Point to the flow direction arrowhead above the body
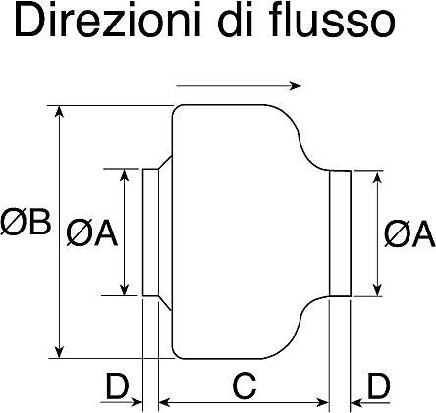[x=296, y=86]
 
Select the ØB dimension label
[x=26, y=222]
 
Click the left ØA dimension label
[x=91, y=232]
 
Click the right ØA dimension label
[x=409, y=233]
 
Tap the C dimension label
[x=245, y=386]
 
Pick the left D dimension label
[x=118, y=386]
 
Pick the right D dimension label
[x=379, y=386]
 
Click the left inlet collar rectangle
[x=150, y=232]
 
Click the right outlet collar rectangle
[x=340, y=233]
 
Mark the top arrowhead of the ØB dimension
[x=59, y=112]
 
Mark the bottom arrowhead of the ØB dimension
[x=59, y=352]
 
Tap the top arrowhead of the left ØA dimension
[x=124, y=175]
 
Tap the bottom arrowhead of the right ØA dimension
[x=378, y=290]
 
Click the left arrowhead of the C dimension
[x=165, y=402]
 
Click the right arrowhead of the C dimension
[x=322, y=402]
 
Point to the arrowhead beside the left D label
[x=136, y=402]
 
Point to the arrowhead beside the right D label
[x=357, y=402]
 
